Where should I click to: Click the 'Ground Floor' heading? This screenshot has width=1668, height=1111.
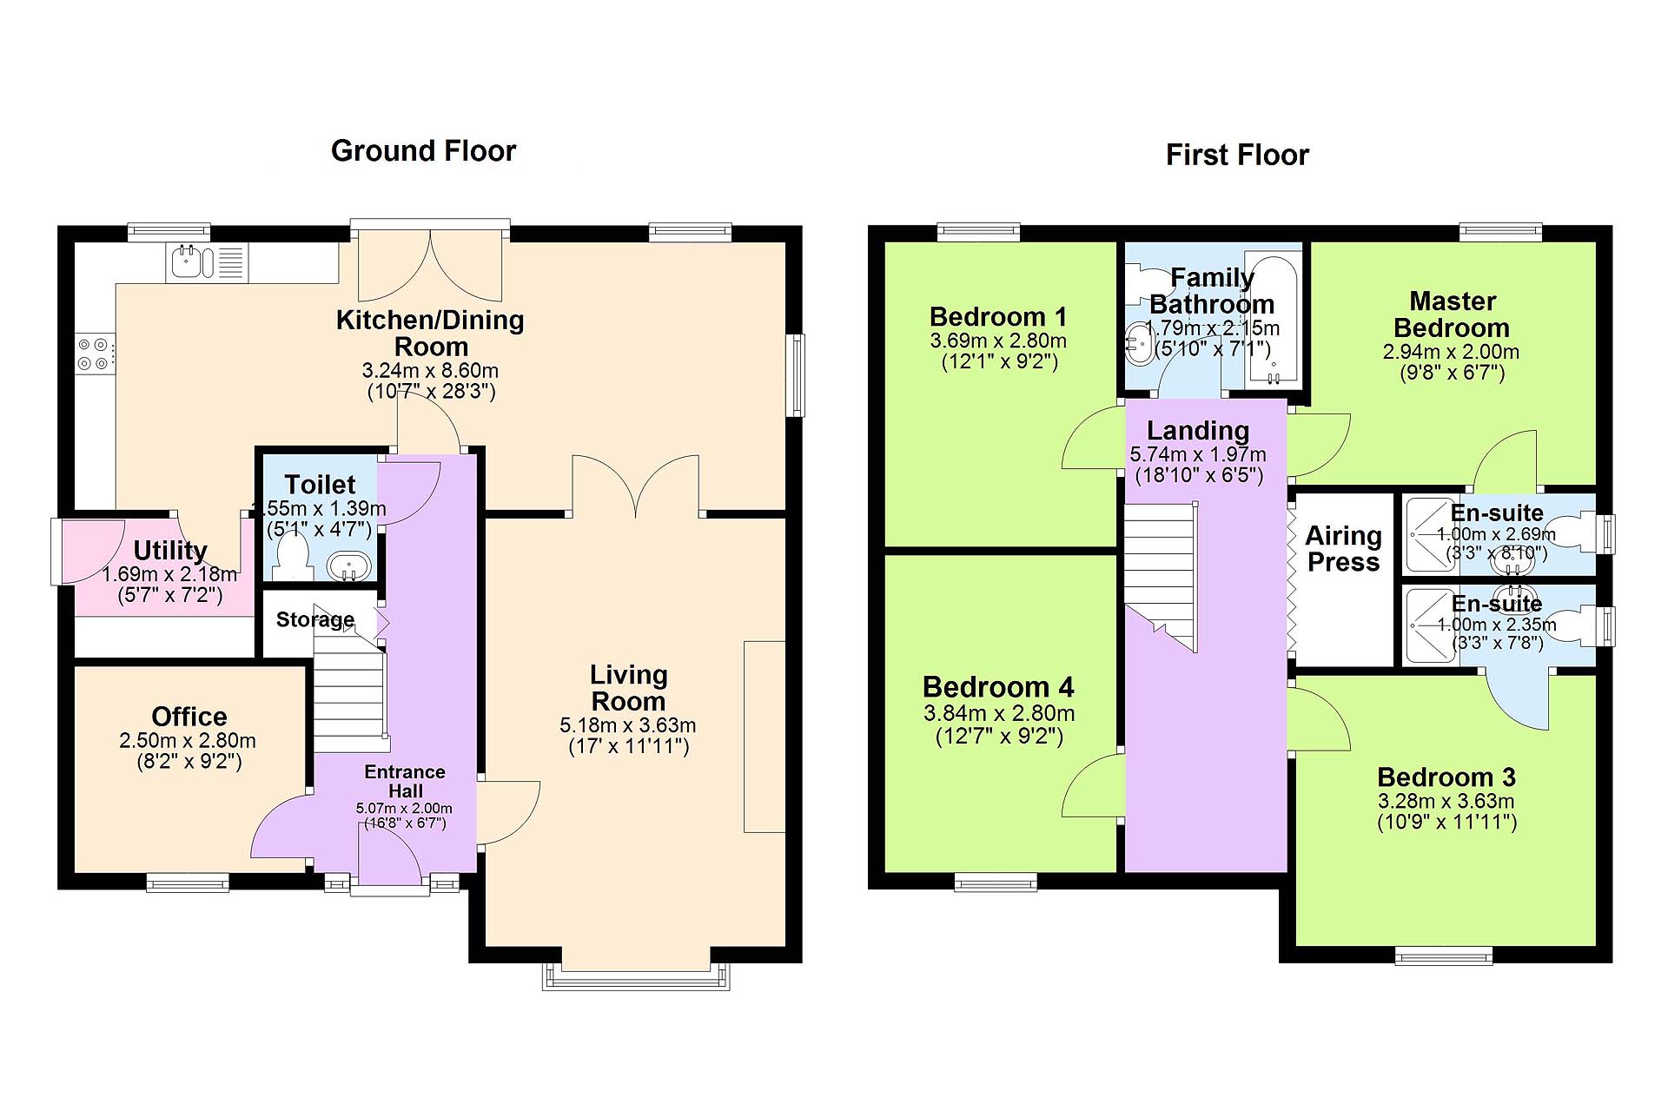423,151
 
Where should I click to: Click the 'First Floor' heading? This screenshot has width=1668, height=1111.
1237,155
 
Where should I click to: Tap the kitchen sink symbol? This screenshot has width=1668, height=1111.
208,261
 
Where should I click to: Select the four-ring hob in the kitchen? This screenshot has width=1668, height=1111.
95,354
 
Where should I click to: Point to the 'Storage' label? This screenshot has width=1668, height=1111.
315,619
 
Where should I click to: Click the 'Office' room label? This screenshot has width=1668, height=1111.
189,717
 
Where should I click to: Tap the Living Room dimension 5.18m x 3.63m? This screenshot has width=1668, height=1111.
628,725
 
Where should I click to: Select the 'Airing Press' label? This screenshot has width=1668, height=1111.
1343,549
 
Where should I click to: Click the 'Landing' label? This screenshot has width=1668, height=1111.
1198,431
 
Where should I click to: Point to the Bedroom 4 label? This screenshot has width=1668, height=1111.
998,687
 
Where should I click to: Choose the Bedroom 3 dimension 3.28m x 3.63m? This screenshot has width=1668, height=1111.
1446,801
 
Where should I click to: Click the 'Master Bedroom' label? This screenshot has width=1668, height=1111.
1452,314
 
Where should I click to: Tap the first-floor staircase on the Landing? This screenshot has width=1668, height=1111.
1162,577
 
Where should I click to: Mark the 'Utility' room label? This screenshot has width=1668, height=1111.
170,551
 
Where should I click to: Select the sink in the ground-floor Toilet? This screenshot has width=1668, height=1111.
349,566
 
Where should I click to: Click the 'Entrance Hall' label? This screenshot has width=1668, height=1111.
405,781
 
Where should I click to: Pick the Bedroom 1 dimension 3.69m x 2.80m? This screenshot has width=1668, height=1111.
998,341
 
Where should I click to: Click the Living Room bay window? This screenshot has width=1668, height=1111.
636,977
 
